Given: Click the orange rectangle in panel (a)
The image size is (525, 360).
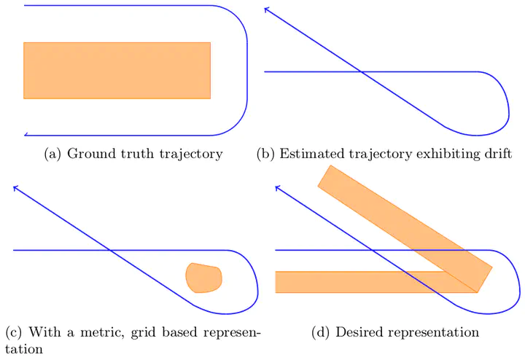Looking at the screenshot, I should (117, 70).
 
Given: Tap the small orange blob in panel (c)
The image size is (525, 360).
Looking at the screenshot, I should (203, 278).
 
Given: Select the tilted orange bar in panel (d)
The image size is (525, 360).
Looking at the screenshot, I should (405, 226).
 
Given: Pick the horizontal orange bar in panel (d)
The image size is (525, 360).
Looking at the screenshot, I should (357, 281).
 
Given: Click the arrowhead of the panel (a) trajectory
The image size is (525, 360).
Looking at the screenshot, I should (26, 134).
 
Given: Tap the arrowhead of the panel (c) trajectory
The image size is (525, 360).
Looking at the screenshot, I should (15, 187).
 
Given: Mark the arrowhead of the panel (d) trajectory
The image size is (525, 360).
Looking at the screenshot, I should (277, 187).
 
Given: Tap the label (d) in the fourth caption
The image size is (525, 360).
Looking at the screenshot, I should (321, 333).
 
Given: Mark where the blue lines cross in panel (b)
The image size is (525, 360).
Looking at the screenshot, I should (362, 72).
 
